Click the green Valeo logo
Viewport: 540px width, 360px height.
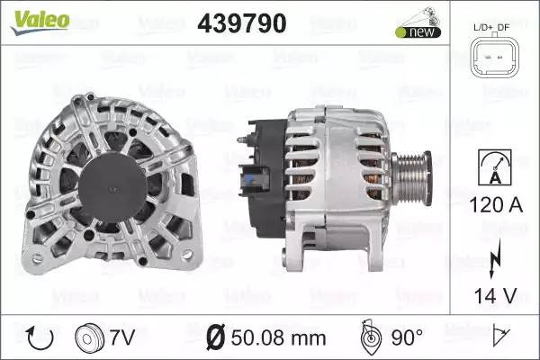[x=40, y=22]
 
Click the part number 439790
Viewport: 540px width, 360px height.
[x=242, y=23]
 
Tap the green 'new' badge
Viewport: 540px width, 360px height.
[x=418, y=32]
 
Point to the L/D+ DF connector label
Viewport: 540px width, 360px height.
[x=491, y=27]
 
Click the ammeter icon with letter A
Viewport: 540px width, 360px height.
[x=494, y=167]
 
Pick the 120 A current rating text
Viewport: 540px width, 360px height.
[x=496, y=205]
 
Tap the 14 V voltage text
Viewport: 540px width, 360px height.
[x=495, y=295]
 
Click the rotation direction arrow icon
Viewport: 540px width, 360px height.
[x=40, y=338]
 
